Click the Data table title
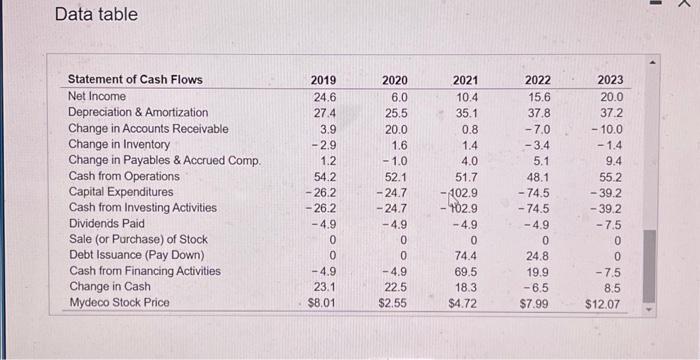click(96, 15)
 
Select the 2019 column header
click(323, 80)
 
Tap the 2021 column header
click(465, 80)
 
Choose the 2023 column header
click(609, 80)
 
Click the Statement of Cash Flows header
click(134, 80)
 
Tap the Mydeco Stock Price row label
click(119, 302)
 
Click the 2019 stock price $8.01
click(321, 302)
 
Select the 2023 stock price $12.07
click(605, 302)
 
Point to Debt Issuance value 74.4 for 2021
click(466, 255)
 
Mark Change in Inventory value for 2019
click(322, 144)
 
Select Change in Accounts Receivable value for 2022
click(538, 128)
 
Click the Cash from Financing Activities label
click(145, 270)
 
